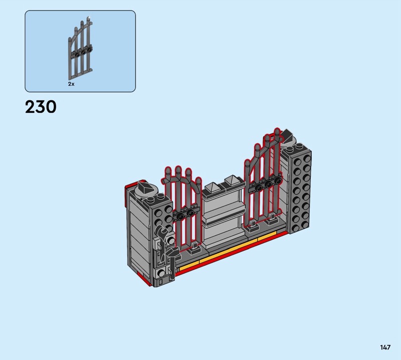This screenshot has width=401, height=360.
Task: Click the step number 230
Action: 41,107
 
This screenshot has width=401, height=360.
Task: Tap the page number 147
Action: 385,347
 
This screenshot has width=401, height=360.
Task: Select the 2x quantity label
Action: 71,84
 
